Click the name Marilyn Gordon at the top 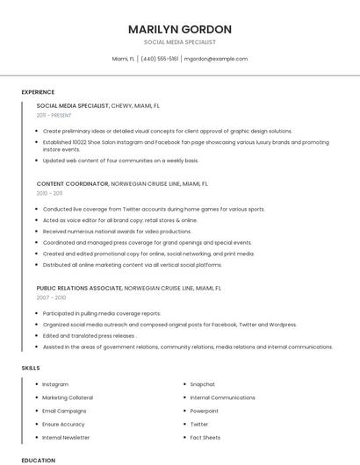[x=180, y=29]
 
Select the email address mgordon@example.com [x=215, y=59]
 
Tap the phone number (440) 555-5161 [x=159, y=59]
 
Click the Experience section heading [x=38, y=92]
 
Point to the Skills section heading [x=31, y=368]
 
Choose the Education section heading [x=38, y=460]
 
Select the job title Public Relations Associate [x=80, y=287]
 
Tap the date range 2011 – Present [x=54, y=115]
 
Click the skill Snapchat [x=202, y=384]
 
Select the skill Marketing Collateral [x=68, y=397]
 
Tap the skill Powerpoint [x=204, y=411]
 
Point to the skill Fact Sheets [x=205, y=437]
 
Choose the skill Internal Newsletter [x=66, y=437]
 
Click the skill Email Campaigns [x=64, y=411]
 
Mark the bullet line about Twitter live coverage [x=154, y=210]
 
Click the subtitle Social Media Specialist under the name [x=180, y=42]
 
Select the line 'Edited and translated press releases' [x=89, y=335]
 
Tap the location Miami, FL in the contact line [x=124, y=59]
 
